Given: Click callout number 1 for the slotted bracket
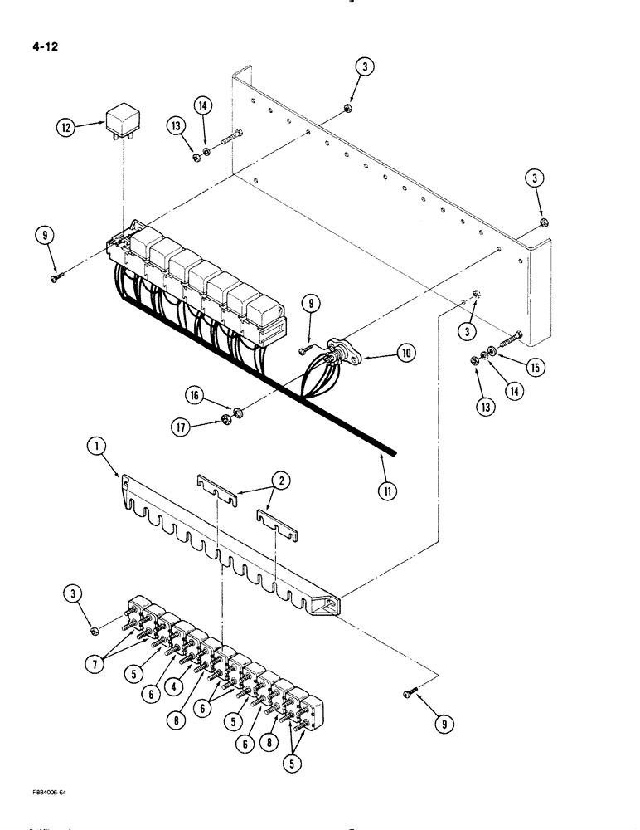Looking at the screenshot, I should coord(97,447).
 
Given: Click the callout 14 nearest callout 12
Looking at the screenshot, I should coord(204,105).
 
